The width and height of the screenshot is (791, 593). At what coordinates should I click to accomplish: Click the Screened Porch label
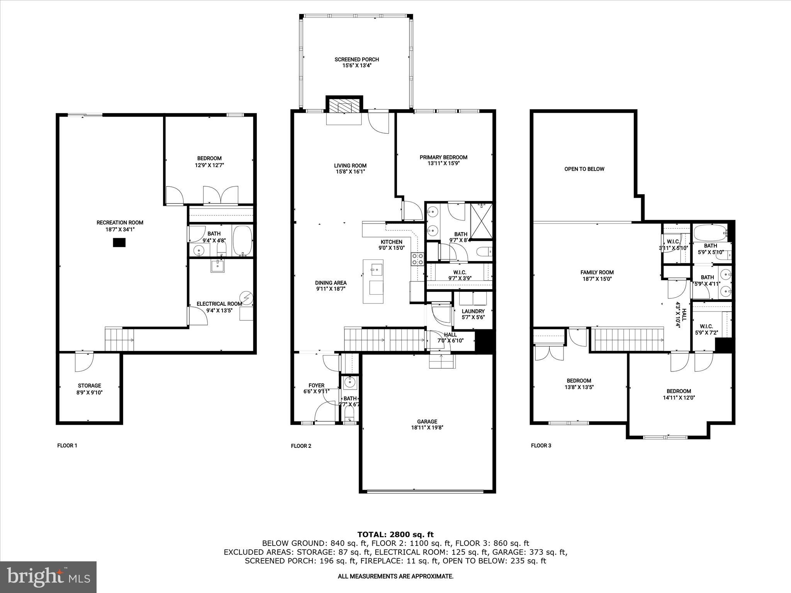[356, 59]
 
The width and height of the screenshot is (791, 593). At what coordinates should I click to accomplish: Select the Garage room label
[427, 422]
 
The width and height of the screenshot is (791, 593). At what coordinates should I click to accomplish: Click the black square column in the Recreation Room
[119, 242]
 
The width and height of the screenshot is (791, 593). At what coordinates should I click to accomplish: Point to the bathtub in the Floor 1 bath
[243, 240]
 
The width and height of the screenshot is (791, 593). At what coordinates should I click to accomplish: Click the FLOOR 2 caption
[301, 446]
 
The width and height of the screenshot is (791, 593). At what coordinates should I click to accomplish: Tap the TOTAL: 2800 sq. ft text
[395, 534]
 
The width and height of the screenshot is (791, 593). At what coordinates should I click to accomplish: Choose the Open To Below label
[584, 169]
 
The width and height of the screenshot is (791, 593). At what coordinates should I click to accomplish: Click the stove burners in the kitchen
[418, 259]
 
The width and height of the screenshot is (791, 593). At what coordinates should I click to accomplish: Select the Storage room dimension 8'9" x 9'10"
[90, 392]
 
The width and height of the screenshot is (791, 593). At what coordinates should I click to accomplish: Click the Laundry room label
[473, 311]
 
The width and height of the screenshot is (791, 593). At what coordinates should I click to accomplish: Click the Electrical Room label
[219, 304]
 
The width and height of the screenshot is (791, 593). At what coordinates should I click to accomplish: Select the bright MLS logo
[48, 577]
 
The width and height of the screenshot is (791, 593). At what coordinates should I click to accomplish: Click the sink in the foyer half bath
[350, 383]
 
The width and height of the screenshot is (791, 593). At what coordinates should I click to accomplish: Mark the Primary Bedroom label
[443, 157]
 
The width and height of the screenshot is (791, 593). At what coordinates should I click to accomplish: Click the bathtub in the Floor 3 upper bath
[710, 233]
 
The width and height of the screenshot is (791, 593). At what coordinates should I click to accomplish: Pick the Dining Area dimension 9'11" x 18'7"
[331, 288]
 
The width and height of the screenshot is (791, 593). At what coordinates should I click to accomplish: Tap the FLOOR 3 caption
[541, 446]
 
